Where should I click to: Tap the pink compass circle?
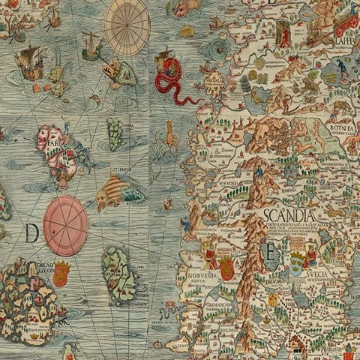click(x=66, y=226)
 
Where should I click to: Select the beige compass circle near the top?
click(x=127, y=27)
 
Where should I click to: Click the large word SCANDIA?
click(x=289, y=216)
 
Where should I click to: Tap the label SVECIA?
click(x=320, y=274)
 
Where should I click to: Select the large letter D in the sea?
click(x=31, y=234)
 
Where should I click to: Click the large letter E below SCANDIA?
click(x=268, y=251)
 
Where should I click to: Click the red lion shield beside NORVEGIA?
click(x=226, y=268)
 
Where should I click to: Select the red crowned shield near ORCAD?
click(x=61, y=274)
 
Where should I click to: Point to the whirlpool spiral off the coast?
click(x=220, y=50)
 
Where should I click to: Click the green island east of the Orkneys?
click(x=118, y=273)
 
